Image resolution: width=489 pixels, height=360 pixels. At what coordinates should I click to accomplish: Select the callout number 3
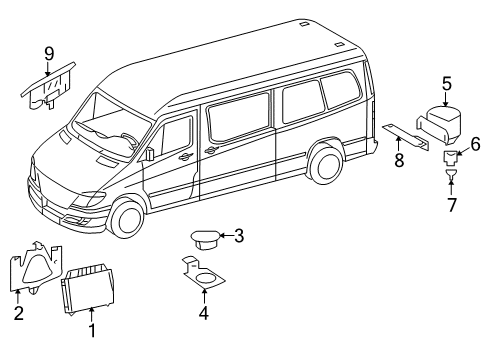point(238,236)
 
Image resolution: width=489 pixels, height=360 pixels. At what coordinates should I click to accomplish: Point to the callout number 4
point(204,312)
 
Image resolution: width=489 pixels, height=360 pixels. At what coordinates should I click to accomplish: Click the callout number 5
point(447,85)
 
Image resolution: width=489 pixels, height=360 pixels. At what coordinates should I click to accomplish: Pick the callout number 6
point(475,146)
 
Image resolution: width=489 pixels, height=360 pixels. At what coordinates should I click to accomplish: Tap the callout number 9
point(47,53)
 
